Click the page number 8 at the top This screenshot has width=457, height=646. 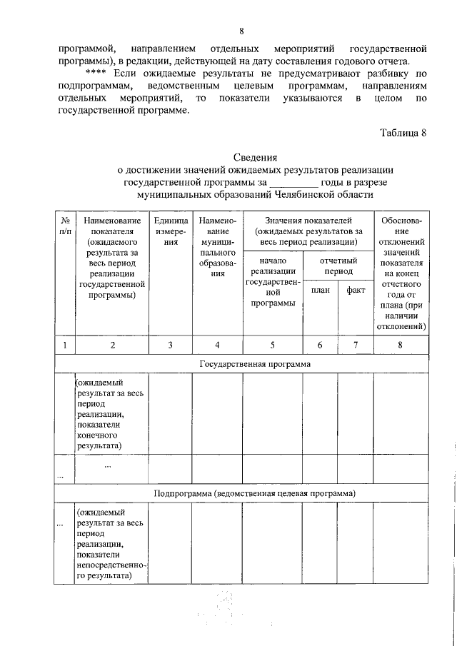(x=241, y=31)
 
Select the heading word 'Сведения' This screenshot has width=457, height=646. (x=255, y=157)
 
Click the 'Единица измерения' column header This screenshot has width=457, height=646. (x=171, y=232)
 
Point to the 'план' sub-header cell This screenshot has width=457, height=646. (x=320, y=291)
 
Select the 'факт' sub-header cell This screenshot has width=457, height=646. (x=356, y=291)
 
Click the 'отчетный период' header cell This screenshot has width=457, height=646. (x=338, y=266)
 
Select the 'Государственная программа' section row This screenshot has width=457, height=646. (x=255, y=364)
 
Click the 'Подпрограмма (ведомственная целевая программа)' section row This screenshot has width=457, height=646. (x=255, y=493)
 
